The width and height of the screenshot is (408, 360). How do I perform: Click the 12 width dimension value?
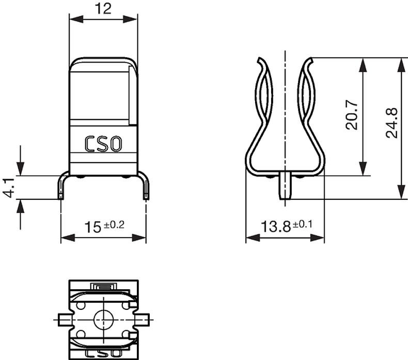point(103,8)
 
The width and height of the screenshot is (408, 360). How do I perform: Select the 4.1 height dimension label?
point(8,186)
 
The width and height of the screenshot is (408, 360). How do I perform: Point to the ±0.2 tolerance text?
point(114,224)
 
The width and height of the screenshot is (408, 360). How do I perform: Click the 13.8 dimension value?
point(276,227)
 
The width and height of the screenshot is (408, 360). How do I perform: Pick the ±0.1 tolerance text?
point(304,224)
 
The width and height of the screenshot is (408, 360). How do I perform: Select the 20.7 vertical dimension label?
point(353,114)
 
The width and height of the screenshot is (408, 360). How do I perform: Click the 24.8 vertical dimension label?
point(392,122)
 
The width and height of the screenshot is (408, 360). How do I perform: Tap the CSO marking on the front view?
point(103,143)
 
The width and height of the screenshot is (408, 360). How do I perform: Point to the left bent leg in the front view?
point(61,185)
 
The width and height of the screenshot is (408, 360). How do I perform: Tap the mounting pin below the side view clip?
point(285,187)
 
